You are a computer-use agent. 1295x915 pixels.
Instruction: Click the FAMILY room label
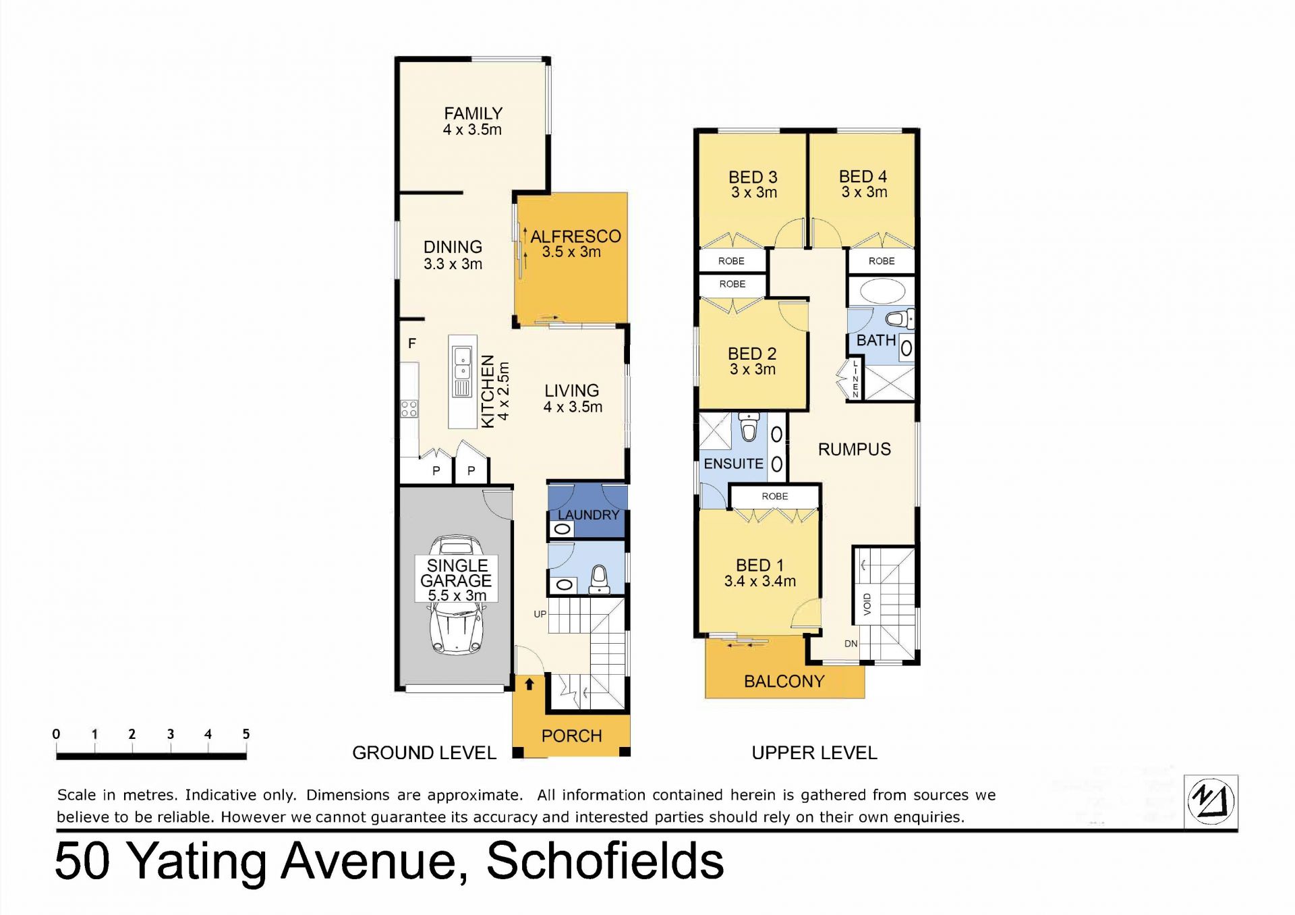pyautogui.click(x=473, y=113)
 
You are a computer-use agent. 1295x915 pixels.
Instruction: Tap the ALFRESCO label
pyautogui.click(x=575, y=236)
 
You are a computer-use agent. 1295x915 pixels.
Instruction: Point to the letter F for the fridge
pyautogui.click(x=412, y=343)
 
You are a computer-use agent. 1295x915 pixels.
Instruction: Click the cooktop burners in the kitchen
pyautogui.click(x=409, y=408)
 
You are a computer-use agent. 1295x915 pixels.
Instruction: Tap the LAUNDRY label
pyautogui.click(x=588, y=515)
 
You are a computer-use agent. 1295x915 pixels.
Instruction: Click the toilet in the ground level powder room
pyautogui.click(x=599, y=580)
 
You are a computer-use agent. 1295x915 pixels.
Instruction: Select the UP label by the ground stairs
pyautogui.click(x=540, y=614)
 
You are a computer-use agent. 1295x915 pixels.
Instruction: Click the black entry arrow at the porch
pyautogui.click(x=529, y=684)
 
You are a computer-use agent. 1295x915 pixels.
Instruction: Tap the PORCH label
pyautogui.click(x=571, y=736)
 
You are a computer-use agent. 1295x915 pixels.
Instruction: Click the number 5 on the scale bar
pyautogui.click(x=246, y=733)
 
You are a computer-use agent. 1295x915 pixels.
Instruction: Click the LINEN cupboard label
pyautogui.click(x=855, y=379)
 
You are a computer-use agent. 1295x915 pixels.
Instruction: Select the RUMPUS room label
pyautogui.click(x=855, y=449)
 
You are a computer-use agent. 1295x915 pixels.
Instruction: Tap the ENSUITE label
pyautogui.click(x=733, y=464)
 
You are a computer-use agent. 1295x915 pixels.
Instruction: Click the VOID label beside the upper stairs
pyautogui.click(x=867, y=604)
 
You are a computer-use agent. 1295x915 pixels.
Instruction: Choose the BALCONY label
pyautogui.click(x=784, y=682)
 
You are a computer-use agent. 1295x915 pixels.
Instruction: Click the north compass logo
pyautogui.click(x=1211, y=802)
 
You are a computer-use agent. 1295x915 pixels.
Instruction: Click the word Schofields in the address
pyautogui.click(x=605, y=861)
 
